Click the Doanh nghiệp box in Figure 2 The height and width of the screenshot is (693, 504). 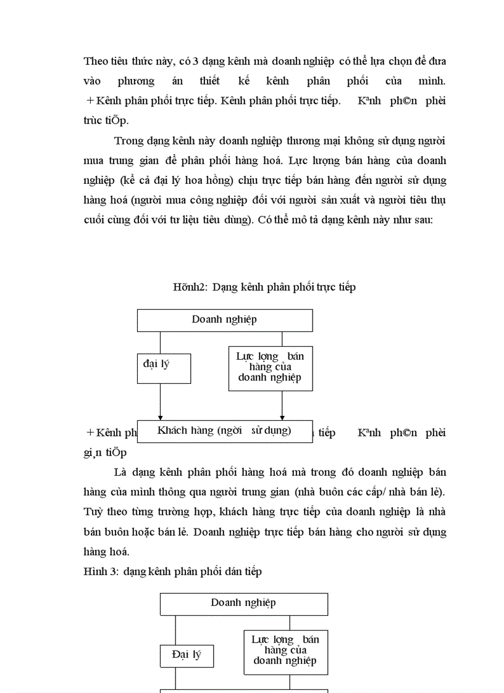[x=224, y=320]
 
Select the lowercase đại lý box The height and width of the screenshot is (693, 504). [x=163, y=368]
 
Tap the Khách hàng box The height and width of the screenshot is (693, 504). [x=224, y=431]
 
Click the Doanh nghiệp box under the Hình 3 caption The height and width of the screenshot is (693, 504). [x=243, y=603]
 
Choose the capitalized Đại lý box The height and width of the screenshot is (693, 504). [x=187, y=655]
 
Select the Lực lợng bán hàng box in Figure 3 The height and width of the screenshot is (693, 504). [x=285, y=651]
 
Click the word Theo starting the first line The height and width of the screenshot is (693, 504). [x=95, y=61]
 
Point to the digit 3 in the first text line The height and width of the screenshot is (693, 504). [x=196, y=61]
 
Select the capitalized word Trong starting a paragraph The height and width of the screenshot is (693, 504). [x=129, y=141]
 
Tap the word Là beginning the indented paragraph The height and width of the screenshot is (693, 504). [x=121, y=473]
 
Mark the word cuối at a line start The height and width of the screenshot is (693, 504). [x=94, y=220]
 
